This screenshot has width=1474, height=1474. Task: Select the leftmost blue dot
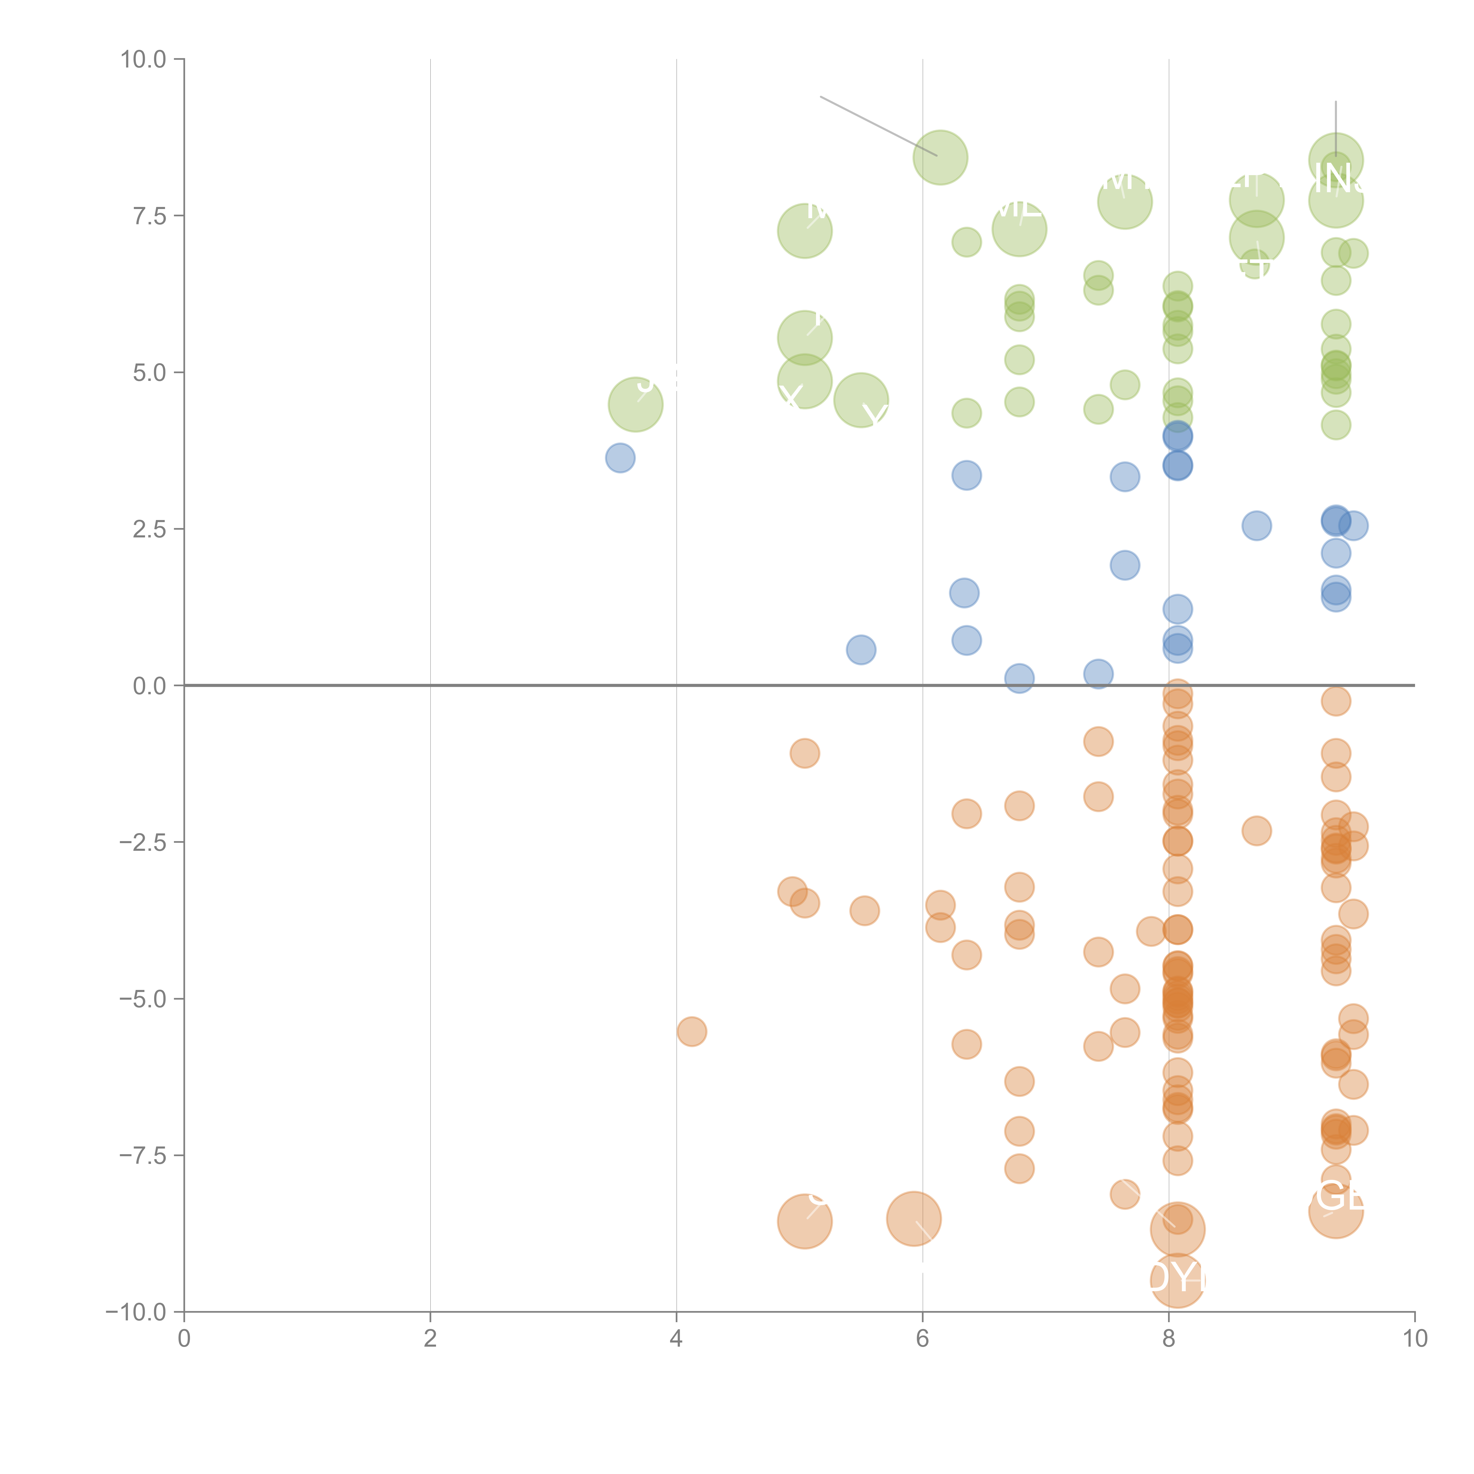pos(620,458)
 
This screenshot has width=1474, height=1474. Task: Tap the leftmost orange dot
pos(691,1032)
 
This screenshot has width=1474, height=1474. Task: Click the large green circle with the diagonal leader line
pos(940,157)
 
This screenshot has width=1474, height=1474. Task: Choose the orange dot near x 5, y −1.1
pos(804,753)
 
